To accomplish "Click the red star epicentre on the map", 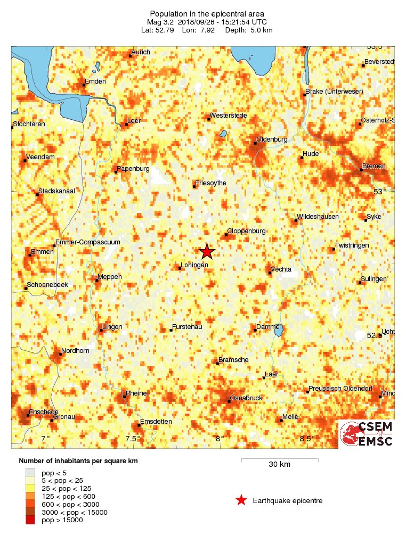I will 207,252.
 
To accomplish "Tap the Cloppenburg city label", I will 246,232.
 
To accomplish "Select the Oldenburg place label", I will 272,139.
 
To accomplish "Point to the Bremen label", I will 373,167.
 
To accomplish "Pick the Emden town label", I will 95,81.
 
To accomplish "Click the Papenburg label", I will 132,169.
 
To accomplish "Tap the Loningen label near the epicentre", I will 194,265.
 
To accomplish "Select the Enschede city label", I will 43,412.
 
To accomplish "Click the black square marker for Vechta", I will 270,273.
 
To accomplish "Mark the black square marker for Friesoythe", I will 194,187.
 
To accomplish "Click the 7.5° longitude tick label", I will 133,439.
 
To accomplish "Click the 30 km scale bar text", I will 279,464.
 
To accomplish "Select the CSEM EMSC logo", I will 367,433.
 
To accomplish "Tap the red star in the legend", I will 241,500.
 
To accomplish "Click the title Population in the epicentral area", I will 207,14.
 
